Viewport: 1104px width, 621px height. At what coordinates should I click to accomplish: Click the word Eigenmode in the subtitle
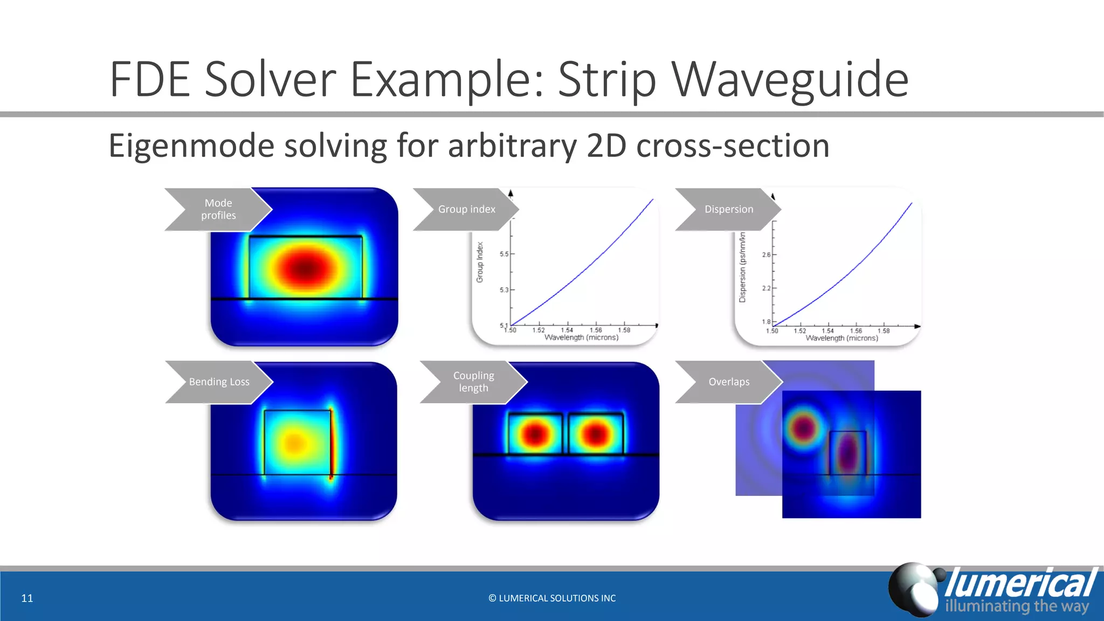[x=191, y=146]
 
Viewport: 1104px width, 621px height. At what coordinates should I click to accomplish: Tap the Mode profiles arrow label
[x=218, y=209]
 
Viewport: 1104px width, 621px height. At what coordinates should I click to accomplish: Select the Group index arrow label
[x=466, y=209]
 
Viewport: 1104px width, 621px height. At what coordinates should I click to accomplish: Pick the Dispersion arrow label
[x=728, y=209]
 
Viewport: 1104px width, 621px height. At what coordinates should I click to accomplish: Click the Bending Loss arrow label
[x=219, y=382]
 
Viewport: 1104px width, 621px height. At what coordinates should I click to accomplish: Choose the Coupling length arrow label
[x=473, y=382]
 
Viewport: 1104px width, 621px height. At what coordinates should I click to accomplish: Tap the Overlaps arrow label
[x=729, y=382]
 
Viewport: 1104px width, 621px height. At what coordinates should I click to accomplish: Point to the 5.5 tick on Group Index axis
[x=504, y=254]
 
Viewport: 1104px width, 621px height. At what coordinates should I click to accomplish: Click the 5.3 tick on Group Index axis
[x=504, y=290]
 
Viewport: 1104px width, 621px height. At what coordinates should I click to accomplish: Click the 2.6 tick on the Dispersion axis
[x=766, y=254]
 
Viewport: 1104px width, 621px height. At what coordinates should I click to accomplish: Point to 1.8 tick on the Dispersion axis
[x=766, y=322]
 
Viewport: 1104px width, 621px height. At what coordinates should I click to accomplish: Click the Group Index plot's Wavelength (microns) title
[x=581, y=337]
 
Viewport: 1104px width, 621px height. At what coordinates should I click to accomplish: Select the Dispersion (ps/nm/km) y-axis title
[x=742, y=267]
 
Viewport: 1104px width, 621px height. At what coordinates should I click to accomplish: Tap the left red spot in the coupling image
[x=535, y=434]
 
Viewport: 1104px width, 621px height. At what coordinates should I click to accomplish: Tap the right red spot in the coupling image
[x=596, y=434]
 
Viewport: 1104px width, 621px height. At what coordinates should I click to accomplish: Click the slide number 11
[x=27, y=598]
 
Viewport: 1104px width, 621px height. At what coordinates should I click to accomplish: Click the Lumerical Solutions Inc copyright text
[x=552, y=598]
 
